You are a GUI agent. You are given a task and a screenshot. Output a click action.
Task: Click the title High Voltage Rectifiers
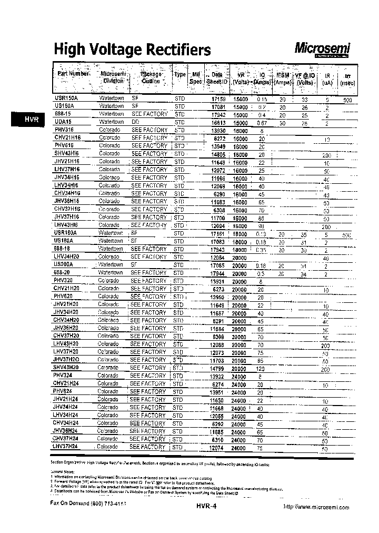tap(132, 50)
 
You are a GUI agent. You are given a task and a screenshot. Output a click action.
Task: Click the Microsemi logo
tap(322, 49)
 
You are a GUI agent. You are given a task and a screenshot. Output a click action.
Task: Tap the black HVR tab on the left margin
tap(31, 120)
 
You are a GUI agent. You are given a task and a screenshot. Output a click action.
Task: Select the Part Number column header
tap(73, 74)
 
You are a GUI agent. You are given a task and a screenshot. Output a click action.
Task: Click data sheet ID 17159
tap(218, 99)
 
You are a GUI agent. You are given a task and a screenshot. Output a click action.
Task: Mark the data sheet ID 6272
tap(220, 138)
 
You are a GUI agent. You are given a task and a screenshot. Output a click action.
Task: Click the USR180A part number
tap(66, 233)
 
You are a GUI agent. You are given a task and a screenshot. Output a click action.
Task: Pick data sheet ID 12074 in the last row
tap(217, 448)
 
